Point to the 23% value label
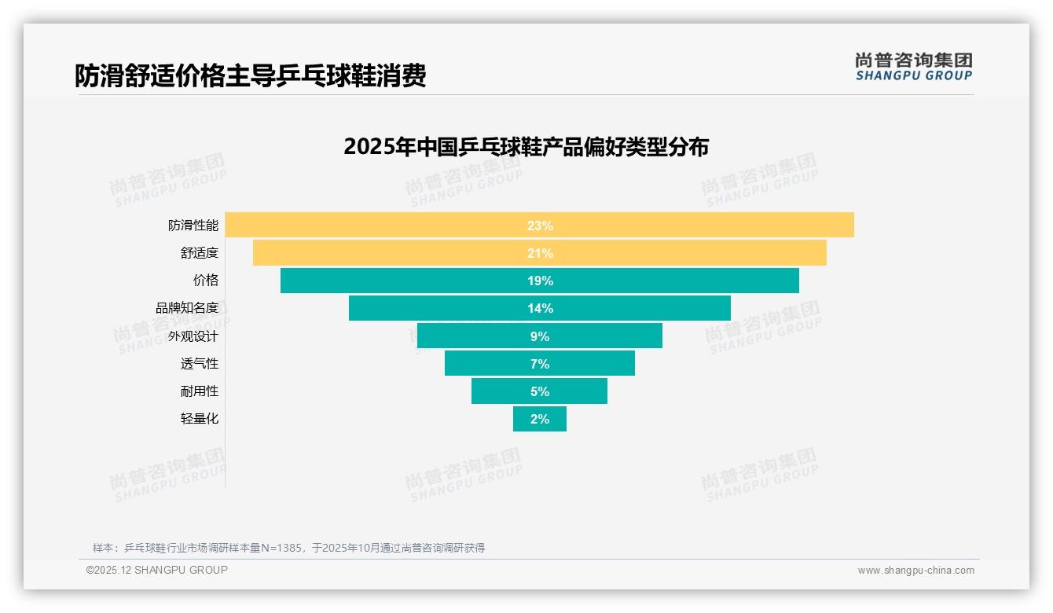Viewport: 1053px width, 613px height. coord(540,226)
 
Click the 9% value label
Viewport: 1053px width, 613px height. coord(540,336)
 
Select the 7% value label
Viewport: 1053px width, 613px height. coord(540,364)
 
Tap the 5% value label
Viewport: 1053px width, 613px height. coord(540,391)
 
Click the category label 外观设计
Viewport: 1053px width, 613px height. coord(193,336)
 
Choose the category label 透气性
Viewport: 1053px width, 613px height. coord(200,364)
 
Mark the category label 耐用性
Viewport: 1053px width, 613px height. coord(200,391)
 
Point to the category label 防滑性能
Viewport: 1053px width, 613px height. coord(193,226)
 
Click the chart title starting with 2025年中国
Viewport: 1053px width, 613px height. coord(526,147)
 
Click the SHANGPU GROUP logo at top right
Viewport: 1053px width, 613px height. coord(913,67)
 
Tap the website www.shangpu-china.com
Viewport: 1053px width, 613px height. coord(915,571)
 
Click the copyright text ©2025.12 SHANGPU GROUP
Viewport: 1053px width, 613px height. coord(157,570)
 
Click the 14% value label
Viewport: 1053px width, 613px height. coord(540,308)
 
